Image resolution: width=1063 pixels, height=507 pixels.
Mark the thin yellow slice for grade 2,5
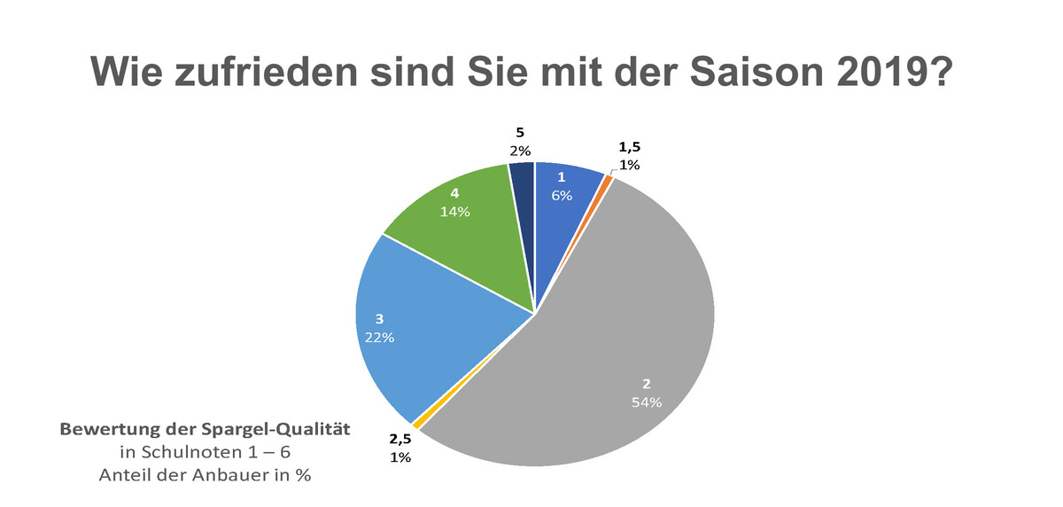click(x=415, y=424)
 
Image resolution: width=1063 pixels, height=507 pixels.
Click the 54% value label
click(x=647, y=402)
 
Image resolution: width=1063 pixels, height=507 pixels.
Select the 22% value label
click(x=379, y=337)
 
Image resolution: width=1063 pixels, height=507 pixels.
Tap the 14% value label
click(x=455, y=212)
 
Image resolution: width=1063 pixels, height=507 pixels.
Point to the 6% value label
click(x=562, y=195)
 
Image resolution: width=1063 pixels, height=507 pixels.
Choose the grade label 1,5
click(x=629, y=146)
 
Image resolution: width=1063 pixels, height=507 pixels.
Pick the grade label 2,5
click(x=400, y=439)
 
